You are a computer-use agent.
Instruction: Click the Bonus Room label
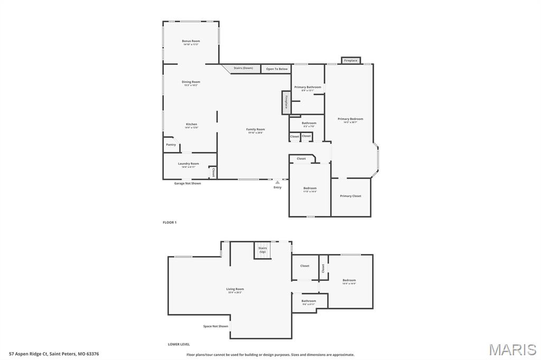coord(191,41)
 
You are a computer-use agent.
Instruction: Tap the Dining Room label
coord(191,82)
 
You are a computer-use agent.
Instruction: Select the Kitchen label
coord(191,125)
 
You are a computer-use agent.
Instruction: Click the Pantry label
coord(171,145)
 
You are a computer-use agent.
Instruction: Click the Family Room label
coord(256,129)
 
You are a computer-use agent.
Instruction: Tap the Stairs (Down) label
coord(244,68)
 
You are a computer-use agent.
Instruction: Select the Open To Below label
coord(277,69)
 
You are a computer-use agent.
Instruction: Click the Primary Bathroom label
coord(307,87)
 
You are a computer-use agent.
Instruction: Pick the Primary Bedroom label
coord(350,119)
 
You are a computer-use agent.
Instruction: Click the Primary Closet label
coord(351,196)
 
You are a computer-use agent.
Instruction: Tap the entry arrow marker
coord(277,182)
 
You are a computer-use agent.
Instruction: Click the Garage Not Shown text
coord(188,183)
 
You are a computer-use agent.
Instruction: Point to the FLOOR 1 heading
coord(170,223)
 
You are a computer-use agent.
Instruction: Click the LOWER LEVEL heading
coord(179,344)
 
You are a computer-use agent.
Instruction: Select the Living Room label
coord(235,289)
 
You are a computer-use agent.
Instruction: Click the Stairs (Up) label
coord(263,250)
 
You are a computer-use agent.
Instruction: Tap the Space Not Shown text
coord(216,326)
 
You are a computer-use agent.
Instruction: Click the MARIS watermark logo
coord(512,349)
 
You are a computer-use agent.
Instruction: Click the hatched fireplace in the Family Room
coord(285,102)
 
